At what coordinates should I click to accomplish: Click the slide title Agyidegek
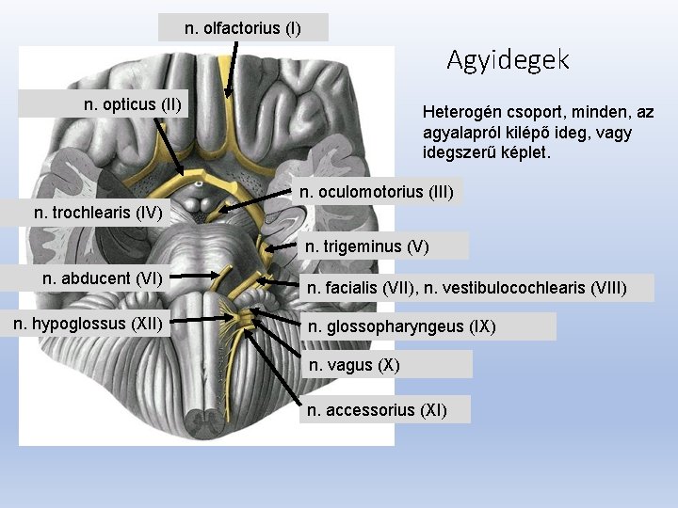click(508, 60)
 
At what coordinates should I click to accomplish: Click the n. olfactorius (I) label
click(243, 28)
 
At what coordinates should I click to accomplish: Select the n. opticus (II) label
click(133, 103)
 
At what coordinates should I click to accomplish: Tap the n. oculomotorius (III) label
click(377, 192)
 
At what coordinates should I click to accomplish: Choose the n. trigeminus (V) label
click(366, 246)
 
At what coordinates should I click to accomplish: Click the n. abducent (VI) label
click(103, 278)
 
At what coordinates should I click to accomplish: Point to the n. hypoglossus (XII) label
click(87, 325)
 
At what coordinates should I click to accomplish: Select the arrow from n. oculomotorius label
click(259, 199)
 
